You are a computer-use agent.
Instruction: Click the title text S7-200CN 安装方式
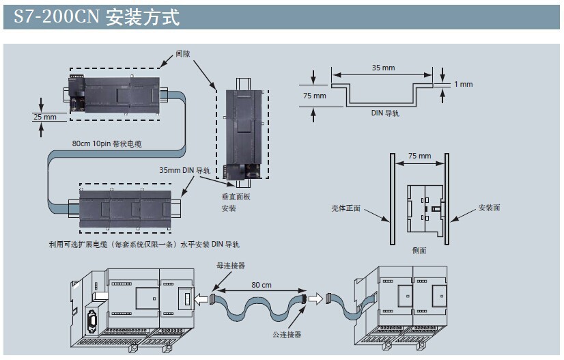pyautogui.click(x=96, y=17)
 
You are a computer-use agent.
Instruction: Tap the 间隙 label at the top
pyautogui.click(x=182, y=53)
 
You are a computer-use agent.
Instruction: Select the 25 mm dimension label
pyautogui.click(x=45, y=117)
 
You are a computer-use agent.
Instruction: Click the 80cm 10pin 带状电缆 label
pyautogui.click(x=107, y=143)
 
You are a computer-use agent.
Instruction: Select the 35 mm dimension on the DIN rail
pyautogui.click(x=383, y=68)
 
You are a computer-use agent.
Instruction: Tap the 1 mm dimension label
pyautogui.click(x=463, y=84)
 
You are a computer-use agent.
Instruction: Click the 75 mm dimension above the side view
pyautogui.click(x=419, y=156)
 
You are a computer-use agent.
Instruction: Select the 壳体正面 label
pyautogui.click(x=346, y=207)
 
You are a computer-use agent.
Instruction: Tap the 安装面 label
pyautogui.click(x=489, y=207)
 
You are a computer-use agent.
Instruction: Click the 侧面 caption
pyautogui.click(x=419, y=251)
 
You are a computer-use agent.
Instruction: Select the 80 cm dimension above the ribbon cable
pyautogui.click(x=261, y=284)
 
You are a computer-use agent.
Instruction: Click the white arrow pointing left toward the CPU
pyautogui.click(x=202, y=299)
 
